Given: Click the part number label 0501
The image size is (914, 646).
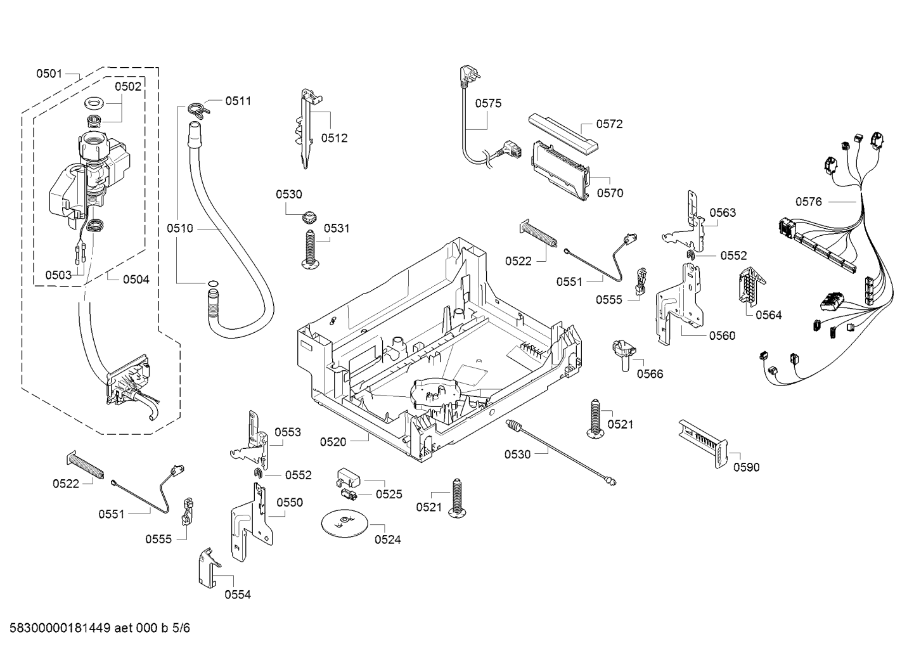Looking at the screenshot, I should pos(49,74).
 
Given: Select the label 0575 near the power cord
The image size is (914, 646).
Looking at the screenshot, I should pos(488,103).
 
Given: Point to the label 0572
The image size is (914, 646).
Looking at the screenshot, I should pos(609,124).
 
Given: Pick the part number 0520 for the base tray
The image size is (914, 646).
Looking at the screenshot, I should pos(333,441).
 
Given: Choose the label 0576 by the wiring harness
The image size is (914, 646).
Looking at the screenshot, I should pos(808,202).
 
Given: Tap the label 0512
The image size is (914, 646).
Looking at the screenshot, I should pos(334,138).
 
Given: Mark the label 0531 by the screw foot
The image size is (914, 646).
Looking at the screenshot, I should pos(337,228).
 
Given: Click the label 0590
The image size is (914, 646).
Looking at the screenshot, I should pos(746,467).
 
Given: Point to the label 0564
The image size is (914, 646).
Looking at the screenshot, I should pos(769,314).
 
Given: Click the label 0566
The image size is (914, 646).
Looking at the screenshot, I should pos(650,373).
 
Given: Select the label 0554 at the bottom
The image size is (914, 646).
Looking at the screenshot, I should pos(238,594).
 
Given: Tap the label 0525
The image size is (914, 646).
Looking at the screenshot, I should pos(389,494).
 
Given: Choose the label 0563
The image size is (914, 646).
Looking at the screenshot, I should pos(723,212).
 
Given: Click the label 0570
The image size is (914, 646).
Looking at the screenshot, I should pos(610,193).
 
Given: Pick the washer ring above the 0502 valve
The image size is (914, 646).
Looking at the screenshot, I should pos(94,102).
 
